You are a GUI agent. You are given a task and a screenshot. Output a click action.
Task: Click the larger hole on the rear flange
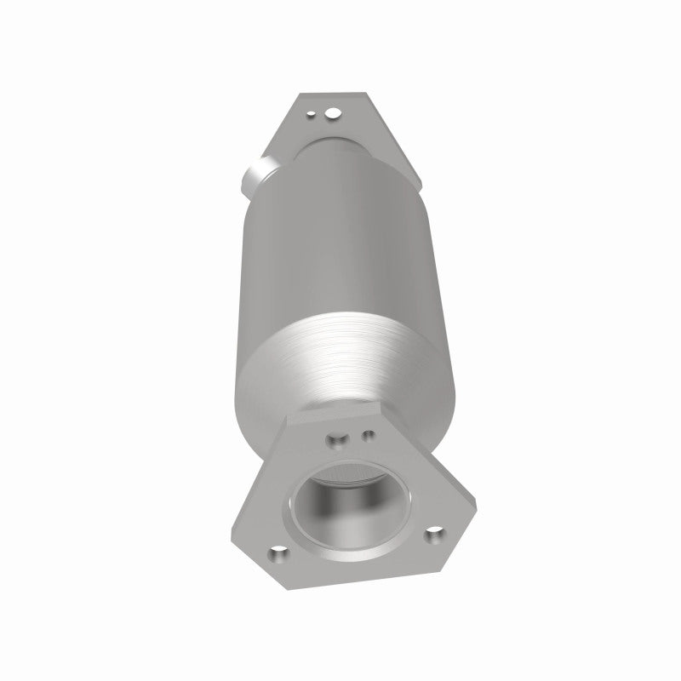pyautogui.click(x=335, y=112)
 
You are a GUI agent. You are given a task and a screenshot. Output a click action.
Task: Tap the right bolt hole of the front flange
pyautogui.click(x=435, y=535)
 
